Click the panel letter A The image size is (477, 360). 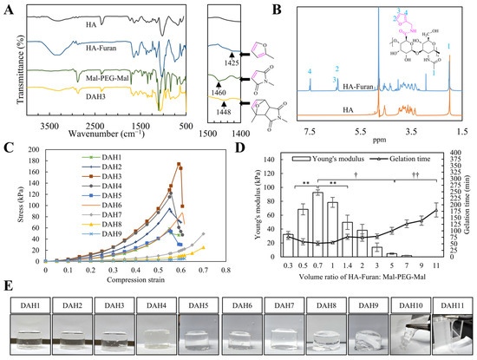coord(7,8)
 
